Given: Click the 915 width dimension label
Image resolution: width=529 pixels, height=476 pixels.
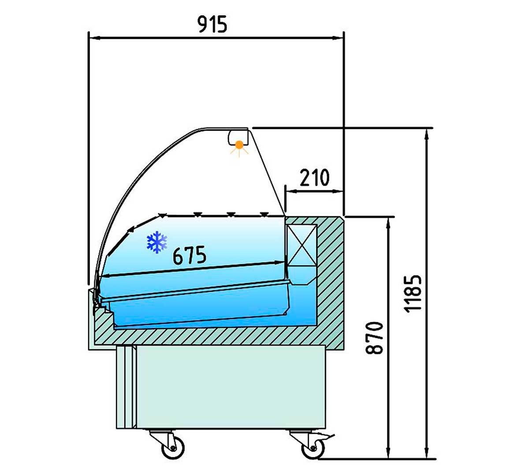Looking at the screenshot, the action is [x=212, y=24].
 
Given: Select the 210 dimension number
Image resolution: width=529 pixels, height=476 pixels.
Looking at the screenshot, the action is [x=314, y=178].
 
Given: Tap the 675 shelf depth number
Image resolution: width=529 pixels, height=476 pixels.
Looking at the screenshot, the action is [x=190, y=255].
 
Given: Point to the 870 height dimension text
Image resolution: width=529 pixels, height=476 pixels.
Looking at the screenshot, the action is [x=374, y=338].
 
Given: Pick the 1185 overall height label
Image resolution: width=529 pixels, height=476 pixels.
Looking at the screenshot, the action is [x=413, y=294].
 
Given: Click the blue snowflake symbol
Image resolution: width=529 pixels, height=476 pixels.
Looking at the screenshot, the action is [x=157, y=242].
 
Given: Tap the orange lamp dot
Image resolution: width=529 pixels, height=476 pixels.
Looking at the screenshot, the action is [x=239, y=145].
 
